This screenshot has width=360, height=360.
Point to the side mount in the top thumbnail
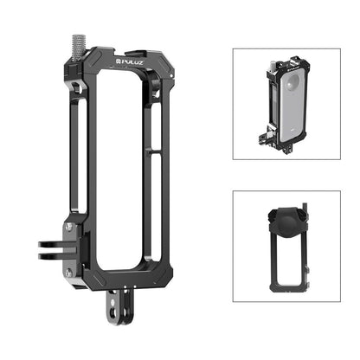(x=265, y=134)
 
